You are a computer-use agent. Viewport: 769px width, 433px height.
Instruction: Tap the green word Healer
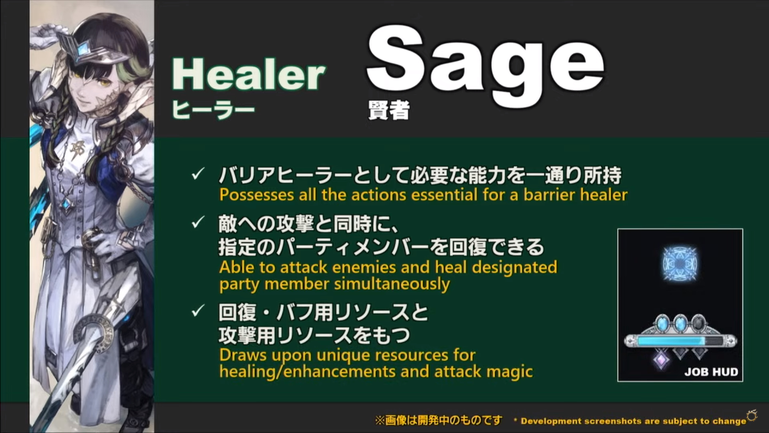pos(248,75)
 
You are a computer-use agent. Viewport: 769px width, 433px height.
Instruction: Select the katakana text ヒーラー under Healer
pos(213,109)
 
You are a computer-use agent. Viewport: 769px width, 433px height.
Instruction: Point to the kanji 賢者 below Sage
pos(389,110)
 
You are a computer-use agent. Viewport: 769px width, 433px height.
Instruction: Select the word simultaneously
pos(392,284)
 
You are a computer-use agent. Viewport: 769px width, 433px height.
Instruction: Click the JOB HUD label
pos(711,372)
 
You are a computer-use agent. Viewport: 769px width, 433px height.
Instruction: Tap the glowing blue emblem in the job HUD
pos(680,263)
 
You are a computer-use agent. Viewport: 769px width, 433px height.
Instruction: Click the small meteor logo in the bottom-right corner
pos(752,416)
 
